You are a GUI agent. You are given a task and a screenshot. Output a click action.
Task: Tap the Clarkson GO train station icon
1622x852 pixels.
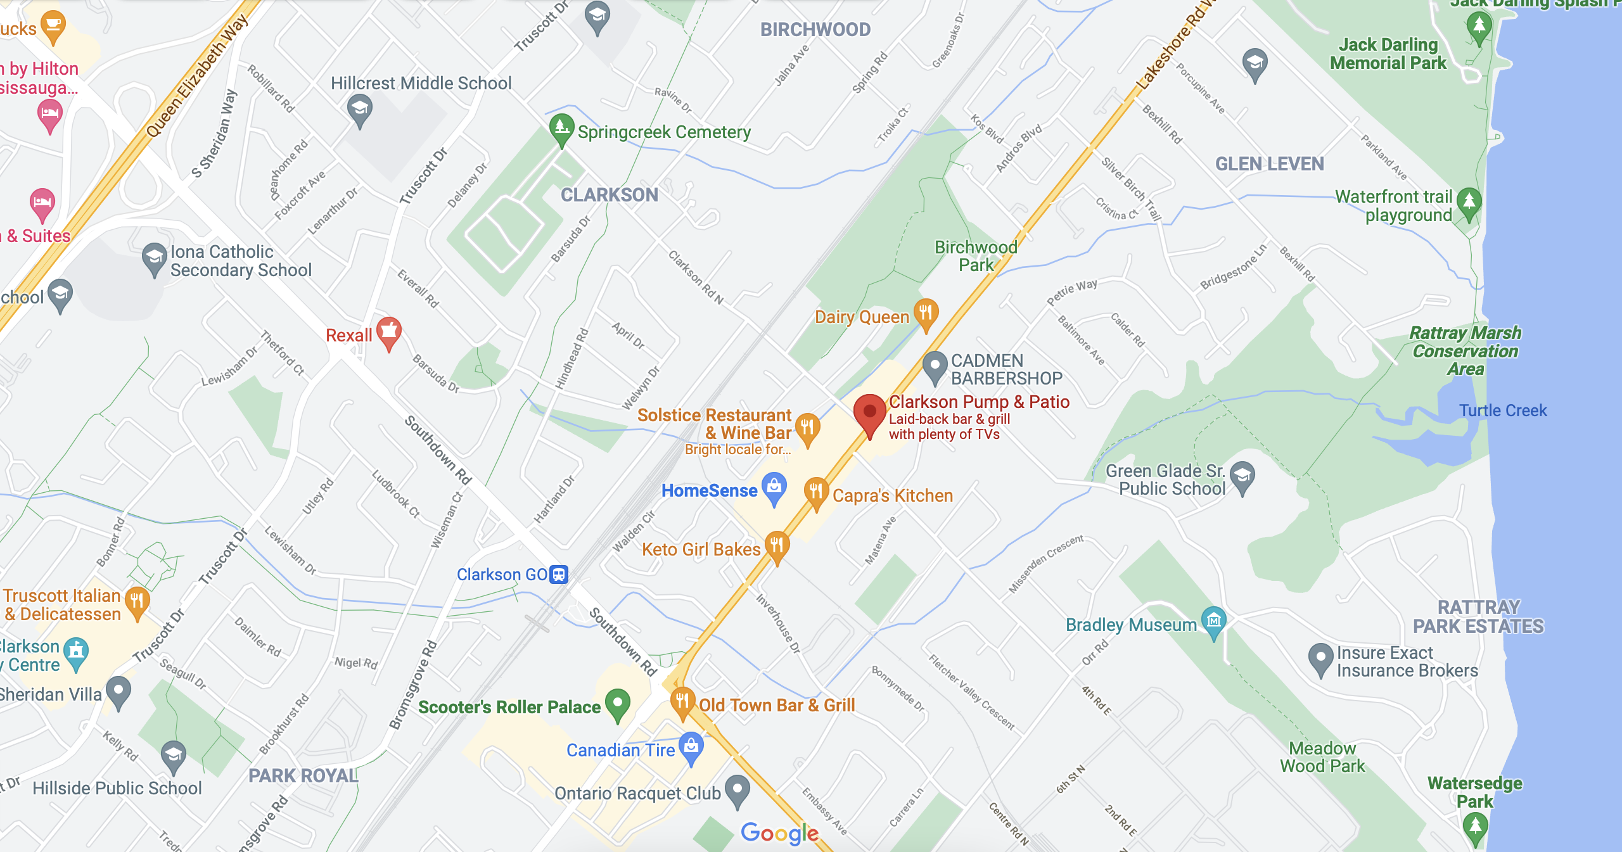pos(559,575)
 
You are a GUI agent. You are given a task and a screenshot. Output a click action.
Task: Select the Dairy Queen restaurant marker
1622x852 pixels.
pos(926,313)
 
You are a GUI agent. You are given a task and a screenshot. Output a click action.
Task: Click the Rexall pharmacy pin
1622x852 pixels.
pos(389,331)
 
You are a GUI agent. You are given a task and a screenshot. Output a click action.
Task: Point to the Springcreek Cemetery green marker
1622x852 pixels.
pos(561,129)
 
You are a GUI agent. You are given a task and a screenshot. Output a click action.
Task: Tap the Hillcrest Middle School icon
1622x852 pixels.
pos(360,109)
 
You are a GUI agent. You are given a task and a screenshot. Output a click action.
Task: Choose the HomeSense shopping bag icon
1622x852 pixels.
pos(774,487)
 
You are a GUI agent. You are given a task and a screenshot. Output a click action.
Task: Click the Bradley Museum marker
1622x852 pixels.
pos(1213,621)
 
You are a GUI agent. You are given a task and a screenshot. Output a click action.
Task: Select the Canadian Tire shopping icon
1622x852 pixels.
pos(691,747)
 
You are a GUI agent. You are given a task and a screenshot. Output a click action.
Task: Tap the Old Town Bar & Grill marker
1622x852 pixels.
pos(682,702)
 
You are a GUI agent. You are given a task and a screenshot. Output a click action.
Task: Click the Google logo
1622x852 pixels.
pos(779,834)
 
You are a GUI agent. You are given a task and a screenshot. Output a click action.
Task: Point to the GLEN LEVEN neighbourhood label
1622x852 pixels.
pos(1269,164)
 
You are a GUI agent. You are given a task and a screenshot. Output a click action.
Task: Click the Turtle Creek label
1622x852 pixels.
pos(1503,410)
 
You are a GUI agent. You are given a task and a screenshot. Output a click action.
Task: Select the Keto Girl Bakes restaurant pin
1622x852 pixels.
pos(777,545)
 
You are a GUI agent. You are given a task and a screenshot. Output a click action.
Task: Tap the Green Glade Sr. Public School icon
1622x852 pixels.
pos(1242,476)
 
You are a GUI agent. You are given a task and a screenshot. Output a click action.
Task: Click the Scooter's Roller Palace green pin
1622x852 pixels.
pos(618,703)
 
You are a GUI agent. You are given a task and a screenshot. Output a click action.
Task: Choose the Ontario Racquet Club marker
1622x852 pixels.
pos(737,790)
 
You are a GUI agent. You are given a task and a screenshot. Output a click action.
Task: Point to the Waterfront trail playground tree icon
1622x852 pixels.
pos(1469,203)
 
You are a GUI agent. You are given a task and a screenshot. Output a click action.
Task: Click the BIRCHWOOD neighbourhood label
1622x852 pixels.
pos(815,30)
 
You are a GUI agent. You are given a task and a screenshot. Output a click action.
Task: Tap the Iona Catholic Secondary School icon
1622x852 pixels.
pos(154,258)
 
